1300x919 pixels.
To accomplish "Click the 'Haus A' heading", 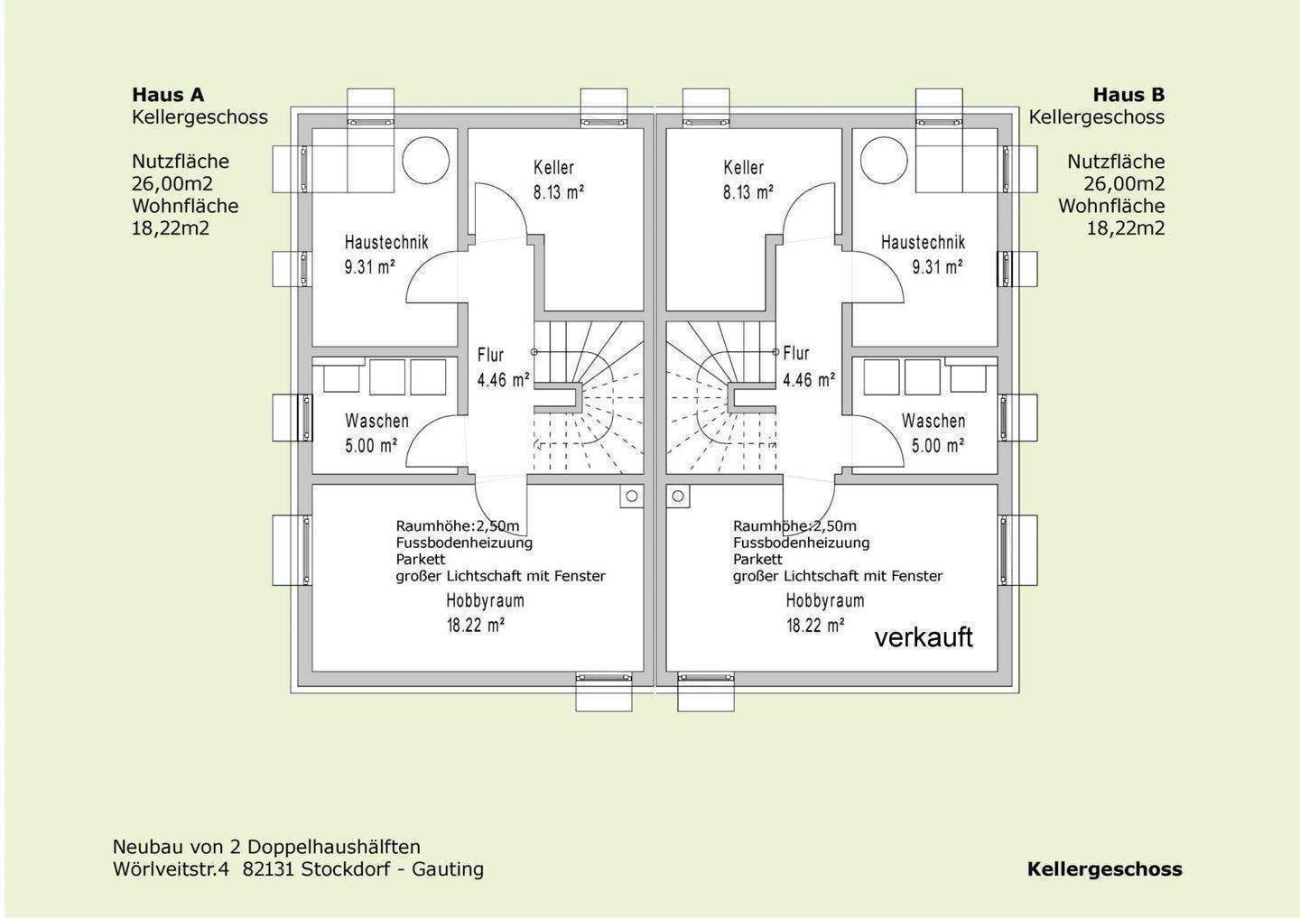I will click(168, 95).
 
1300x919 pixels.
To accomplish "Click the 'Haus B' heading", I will click(1128, 95).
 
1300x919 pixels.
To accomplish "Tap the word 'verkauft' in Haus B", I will click(924, 637).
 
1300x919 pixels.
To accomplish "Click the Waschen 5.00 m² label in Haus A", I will click(376, 433).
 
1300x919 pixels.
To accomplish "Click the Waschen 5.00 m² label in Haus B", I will click(933, 433).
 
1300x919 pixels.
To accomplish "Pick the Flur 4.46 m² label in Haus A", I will click(503, 367).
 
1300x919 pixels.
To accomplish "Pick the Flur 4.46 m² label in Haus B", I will click(808, 367).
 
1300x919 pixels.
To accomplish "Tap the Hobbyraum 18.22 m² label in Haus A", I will click(485, 612).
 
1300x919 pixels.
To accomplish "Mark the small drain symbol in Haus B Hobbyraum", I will click(678, 496).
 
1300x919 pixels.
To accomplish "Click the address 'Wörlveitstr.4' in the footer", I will click(172, 869).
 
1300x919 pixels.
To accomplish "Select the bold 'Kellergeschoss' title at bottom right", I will click(1104, 869).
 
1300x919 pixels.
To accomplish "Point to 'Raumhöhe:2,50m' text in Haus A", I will click(458, 526).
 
